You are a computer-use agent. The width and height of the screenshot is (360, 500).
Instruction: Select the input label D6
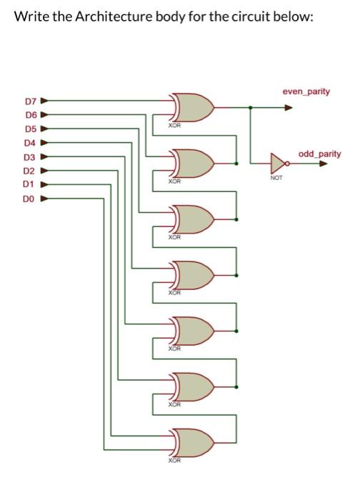click(x=29, y=116)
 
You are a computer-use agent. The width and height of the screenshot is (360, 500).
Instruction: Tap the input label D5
click(x=29, y=129)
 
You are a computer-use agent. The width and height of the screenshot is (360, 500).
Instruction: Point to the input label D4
click(x=29, y=143)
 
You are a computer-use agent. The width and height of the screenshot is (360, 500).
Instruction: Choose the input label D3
click(x=29, y=156)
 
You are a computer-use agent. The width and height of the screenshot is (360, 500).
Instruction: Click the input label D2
click(x=29, y=170)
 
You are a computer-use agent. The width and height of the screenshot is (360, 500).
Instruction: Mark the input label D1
click(x=29, y=184)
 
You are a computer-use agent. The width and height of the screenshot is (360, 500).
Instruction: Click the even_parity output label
click(x=306, y=92)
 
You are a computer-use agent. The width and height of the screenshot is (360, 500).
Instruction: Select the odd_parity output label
click(x=319, y=154)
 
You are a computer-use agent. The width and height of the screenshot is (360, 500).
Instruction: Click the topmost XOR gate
click(x=191, y=107)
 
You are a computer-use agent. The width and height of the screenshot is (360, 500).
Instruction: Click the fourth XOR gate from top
click(x=191, y=275)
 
